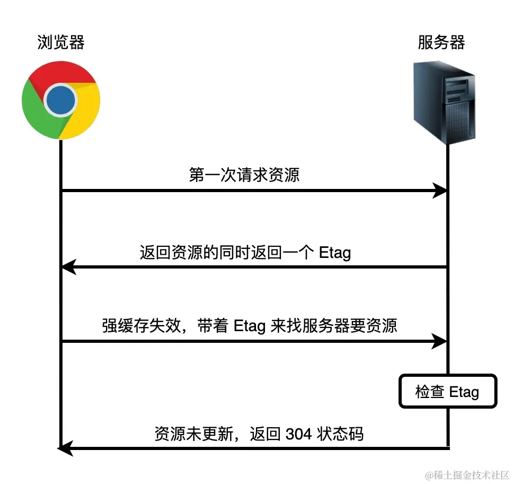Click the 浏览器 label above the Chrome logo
tap(61, 42)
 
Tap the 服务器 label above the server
tap(441, 42)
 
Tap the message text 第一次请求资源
tap(244, 175)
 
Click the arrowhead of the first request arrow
tap(440, 191)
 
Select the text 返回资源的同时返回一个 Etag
tap(245, 252)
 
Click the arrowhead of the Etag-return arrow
tap(69, 267)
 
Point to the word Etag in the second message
tap(335, 253)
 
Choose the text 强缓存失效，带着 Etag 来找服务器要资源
tap(249, 325)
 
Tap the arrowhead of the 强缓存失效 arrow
tap(440, 341)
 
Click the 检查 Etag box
tap(447, 392)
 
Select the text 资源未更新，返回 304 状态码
tap(259, 434)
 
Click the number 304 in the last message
tap(298, 434)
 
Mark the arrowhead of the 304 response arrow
tap(65, 449)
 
